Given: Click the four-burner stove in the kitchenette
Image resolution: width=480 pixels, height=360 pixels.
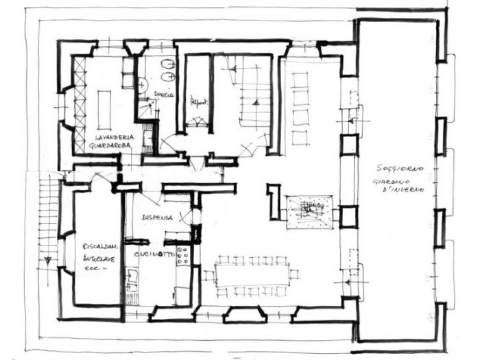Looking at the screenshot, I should pos(183,256).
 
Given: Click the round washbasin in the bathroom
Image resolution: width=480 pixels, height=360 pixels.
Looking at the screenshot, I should pos(141,85).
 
